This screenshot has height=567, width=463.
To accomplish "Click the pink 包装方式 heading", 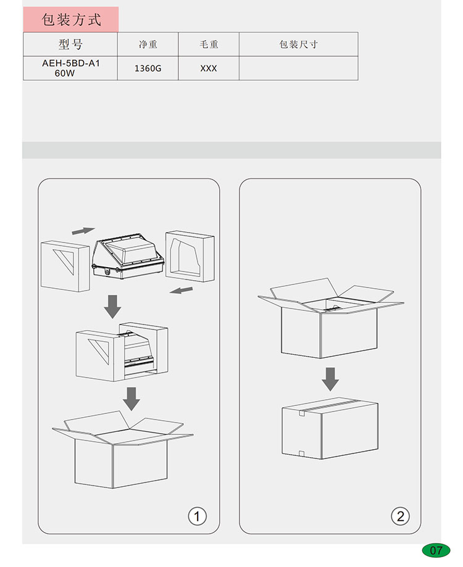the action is pos(71,20).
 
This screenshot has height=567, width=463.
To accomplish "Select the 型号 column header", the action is pos(70,44).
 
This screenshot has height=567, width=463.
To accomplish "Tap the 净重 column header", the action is pos(148,44).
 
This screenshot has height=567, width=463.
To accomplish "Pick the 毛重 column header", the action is pos(209,44).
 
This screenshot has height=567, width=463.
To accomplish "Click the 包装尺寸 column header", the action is pos(298,44).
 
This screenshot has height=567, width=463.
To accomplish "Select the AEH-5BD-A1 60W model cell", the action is pos(70,68).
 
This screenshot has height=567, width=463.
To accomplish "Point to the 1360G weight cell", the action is pos(148,68).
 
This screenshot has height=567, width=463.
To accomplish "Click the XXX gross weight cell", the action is pos(209,68).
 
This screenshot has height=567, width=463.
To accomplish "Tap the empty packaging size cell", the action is pos(298,68).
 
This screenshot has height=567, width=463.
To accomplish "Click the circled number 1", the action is pos(197,516).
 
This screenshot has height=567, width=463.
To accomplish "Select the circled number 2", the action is pos(401,516).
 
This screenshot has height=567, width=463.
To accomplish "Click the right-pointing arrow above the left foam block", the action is pos(83,231).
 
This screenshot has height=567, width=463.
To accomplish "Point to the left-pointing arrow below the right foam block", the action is pos(181,290).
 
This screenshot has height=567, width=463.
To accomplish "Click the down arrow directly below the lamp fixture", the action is pos(112,307).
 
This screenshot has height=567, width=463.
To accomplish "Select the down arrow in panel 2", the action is pos(330,379).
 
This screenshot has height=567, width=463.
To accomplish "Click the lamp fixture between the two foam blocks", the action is pos(128,256).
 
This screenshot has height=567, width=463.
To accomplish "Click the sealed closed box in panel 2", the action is pos(330,429).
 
